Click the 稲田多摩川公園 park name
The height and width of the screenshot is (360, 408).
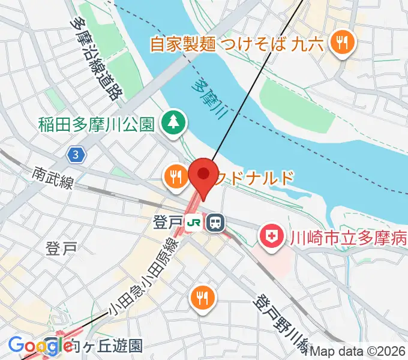[x=97, y=124]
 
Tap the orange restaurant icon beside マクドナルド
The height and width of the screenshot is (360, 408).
[x=175, y=176]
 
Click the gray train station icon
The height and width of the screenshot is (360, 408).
[x=215, y=223]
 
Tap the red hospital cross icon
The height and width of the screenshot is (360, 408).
[x=272, y=235]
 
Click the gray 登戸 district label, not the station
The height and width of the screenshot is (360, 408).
[x=61, y=248]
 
